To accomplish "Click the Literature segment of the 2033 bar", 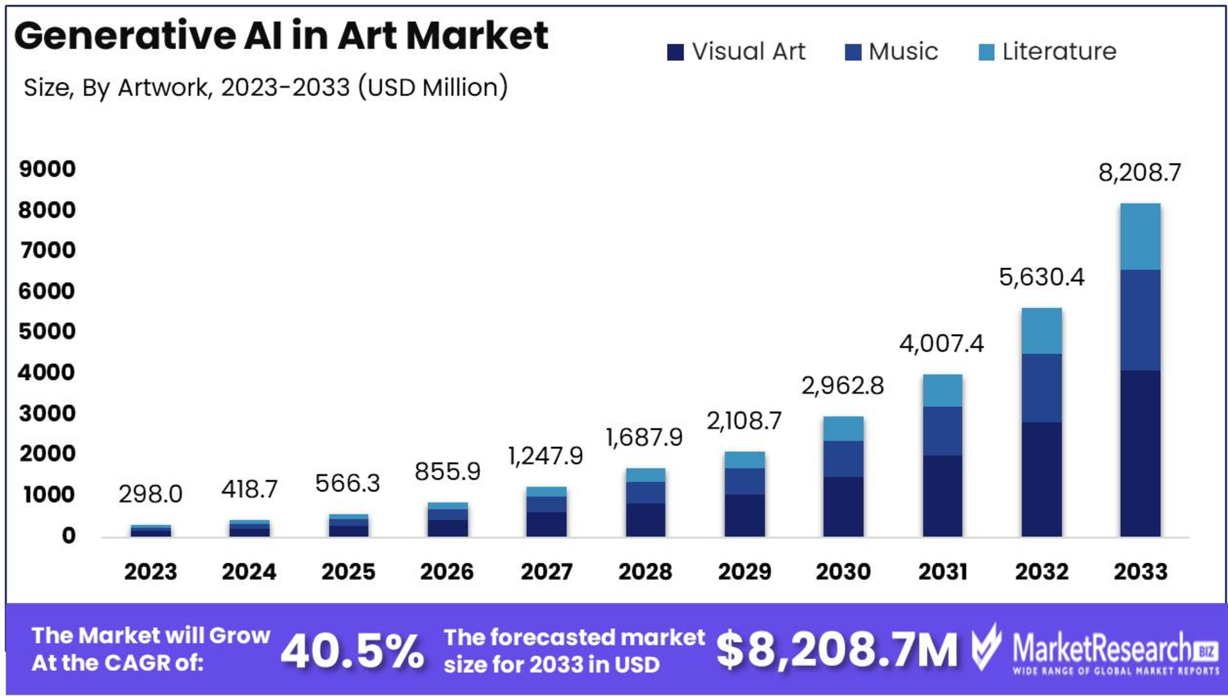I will coord(1140,236).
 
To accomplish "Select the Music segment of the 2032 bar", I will coord(1041,388).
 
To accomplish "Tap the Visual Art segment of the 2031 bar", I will coord(942,496).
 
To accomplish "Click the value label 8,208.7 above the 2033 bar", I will coord(1139,173).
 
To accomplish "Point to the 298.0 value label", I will coord(150,494).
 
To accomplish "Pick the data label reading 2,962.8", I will coord(842,386).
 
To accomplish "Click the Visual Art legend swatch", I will coord(675,52).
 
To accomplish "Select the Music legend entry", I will coord(902,52).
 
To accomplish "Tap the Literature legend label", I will coord(1059,52).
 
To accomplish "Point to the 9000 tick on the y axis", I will coord(47,169).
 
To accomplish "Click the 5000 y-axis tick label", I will coord(47,332).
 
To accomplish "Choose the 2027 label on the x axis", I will coord(546,571).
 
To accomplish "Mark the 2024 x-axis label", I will coord(249,571).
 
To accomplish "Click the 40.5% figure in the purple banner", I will coord(352,651).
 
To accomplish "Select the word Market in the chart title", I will coord(477,35).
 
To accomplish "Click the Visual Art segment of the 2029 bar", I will coord(745,515).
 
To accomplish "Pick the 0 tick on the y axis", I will coord(68,536).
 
